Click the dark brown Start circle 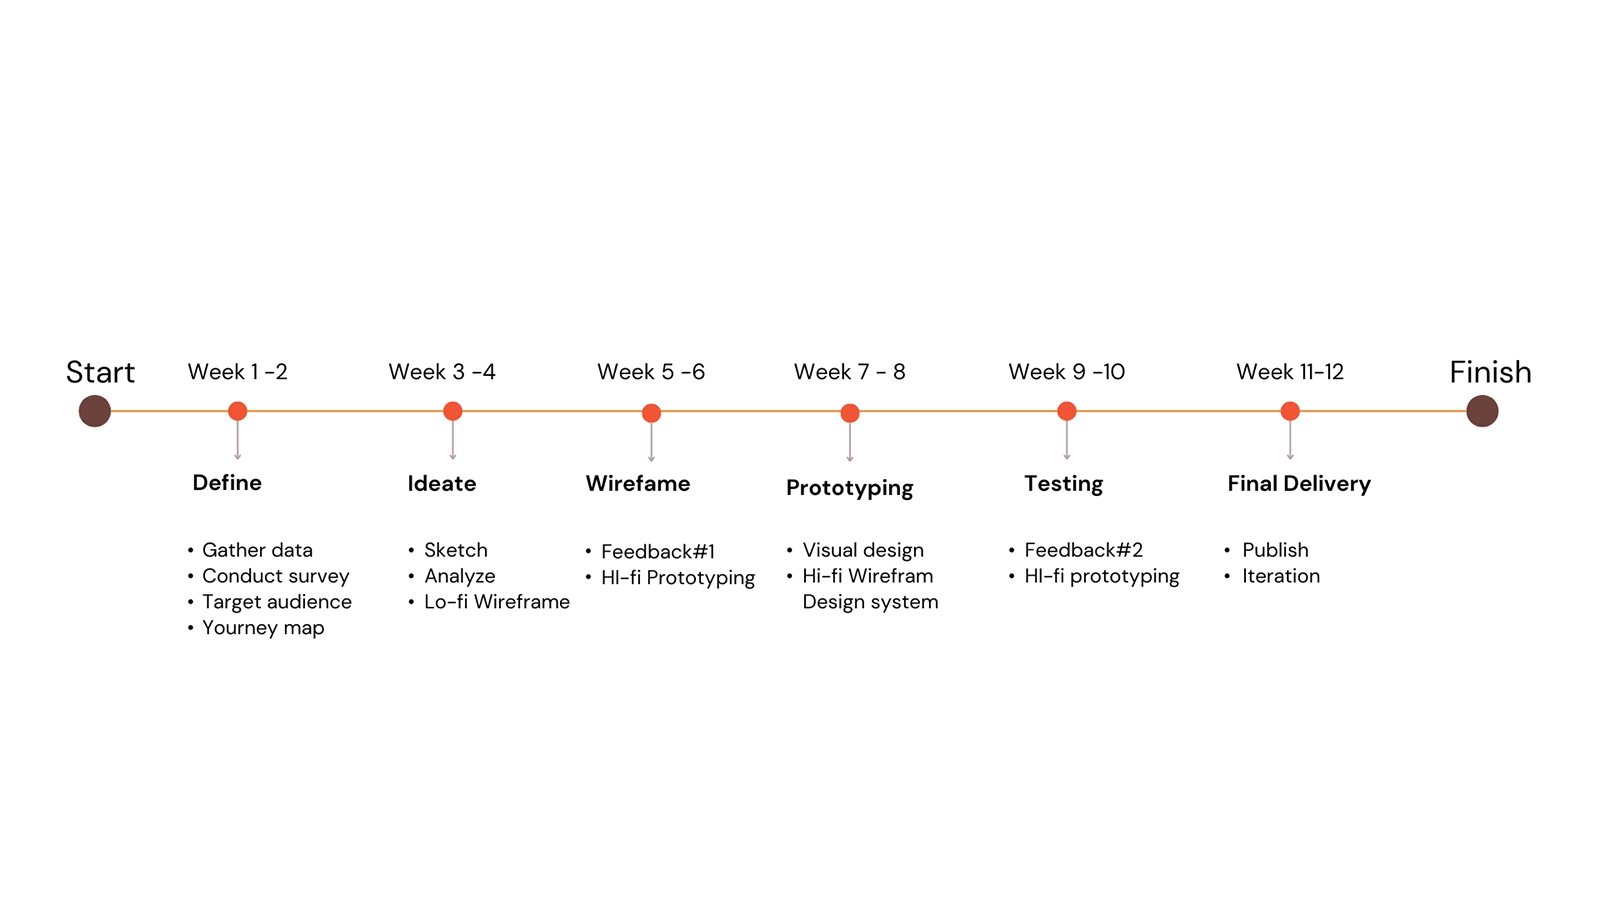click(95, 411)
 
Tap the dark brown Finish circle click(1482, 411)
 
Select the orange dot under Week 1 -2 click(237, 411)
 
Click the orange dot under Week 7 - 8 click(850, 413)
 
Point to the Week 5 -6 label click(651, 372)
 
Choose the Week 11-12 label click(1290, 372)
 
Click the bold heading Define click(227, 483)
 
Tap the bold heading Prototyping click(850, 488)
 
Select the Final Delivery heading click(1299, 484)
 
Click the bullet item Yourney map click(263, 628)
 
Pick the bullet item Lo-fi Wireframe click(496, 602)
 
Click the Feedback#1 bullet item click(657, 552)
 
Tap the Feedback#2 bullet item click(1083, 550)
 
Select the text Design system click(870, 602)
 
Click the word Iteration click(1280, 576)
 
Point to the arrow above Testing click(1067, 440)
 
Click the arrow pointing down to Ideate click(453, 440)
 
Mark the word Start click(100, 372)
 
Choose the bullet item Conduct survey click(275, 576)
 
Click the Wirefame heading click(638, 484)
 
